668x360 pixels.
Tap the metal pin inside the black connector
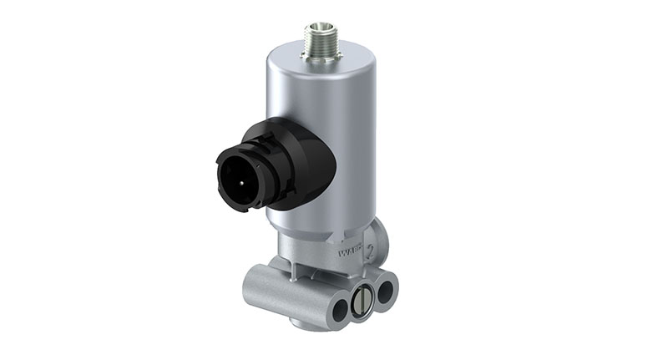(x=235, y=166)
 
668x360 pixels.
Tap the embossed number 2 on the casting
(x=369, y=248)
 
